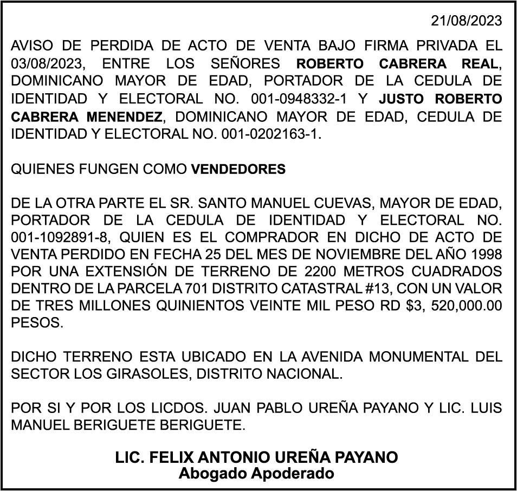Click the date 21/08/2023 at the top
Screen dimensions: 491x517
[467, 21]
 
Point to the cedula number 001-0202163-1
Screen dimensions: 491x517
[271, 134]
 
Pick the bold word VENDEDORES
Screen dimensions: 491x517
[238, 170]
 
